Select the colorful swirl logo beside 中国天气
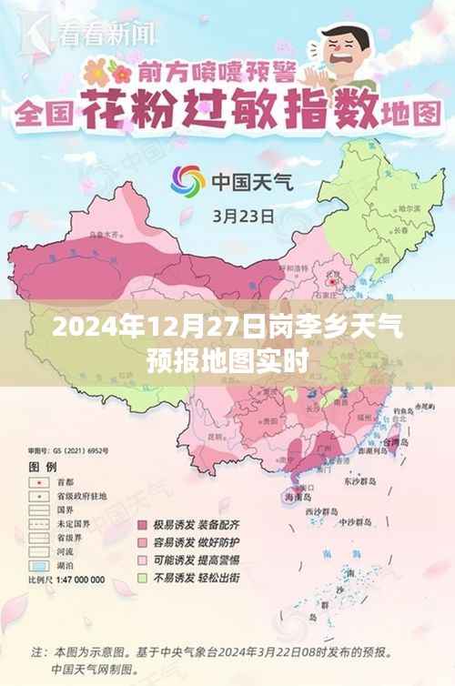point(188,180)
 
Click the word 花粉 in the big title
point(127,115)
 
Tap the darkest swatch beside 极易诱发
point(142,526)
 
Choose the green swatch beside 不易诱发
point(142,578)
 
